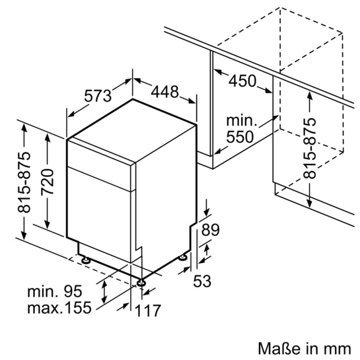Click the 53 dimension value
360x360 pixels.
(x=201, y=281)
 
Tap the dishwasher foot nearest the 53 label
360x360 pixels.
(x=183, y=258)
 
